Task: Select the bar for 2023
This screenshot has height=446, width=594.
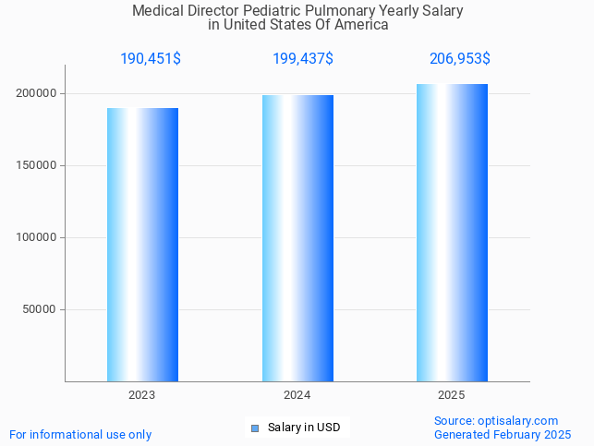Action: [142, 245]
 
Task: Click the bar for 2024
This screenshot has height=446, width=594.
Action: [297, 238]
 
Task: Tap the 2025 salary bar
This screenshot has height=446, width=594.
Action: [452, 233]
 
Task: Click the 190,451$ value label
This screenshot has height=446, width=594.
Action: [151, 59]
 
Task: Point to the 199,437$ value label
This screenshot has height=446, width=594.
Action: [303, 59]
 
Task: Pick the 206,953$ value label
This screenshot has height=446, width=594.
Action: [460, 59]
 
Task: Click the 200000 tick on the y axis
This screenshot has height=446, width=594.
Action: [36, 93]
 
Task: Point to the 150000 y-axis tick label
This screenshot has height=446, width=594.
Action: [36, 165]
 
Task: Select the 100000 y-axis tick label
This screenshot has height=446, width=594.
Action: [36, 237]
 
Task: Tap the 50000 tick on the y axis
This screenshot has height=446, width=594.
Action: [40, 309]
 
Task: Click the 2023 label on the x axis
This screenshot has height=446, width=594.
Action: [142, 395]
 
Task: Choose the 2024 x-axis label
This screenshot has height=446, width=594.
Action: [297, 395]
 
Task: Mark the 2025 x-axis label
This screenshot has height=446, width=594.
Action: [452, 395]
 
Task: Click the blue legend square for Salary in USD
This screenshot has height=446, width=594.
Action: [256, 428]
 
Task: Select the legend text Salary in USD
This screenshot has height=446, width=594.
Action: [304, 428]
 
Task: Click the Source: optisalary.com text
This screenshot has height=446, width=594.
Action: [496, 420]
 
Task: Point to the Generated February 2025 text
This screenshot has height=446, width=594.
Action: [503, 434]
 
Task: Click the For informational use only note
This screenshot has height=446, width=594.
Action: [80, 434]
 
